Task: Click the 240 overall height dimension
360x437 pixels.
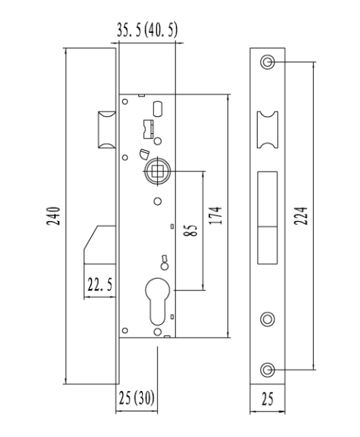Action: click(x=53, y=216)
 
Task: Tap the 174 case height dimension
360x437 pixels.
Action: click(x=216, y=215)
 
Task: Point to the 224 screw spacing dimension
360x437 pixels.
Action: click(x=301, y=216)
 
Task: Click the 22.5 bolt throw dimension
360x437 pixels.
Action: click(x=100, y=285)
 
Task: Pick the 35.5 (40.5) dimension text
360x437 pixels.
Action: click(x=147, y=30)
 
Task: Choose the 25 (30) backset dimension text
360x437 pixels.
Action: click(x=137, y=397)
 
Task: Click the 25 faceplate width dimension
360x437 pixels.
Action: click(x=268, y=399)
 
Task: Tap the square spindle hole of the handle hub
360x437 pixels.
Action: click(x=157, y=171)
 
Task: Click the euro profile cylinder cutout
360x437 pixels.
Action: click(x=157, y=301)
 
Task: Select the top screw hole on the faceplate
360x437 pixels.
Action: click(x=268, y=61)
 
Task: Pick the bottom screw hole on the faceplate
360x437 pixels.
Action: click(x=268, y=370)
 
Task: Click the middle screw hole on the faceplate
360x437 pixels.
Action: click(x=268, y=319)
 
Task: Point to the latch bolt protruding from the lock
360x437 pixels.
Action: click(x=106, y=130)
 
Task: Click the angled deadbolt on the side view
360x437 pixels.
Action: click(x=100, y=244)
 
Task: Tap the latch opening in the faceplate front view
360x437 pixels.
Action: click(x=268, y=130)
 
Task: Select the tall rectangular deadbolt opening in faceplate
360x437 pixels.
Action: click(x=268, y=217)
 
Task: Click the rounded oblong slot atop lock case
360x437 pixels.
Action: click(x=158, y=108)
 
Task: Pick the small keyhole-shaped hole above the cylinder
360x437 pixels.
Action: click(x=165, y=263)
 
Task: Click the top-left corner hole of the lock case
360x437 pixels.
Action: click(x=125, y=102)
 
